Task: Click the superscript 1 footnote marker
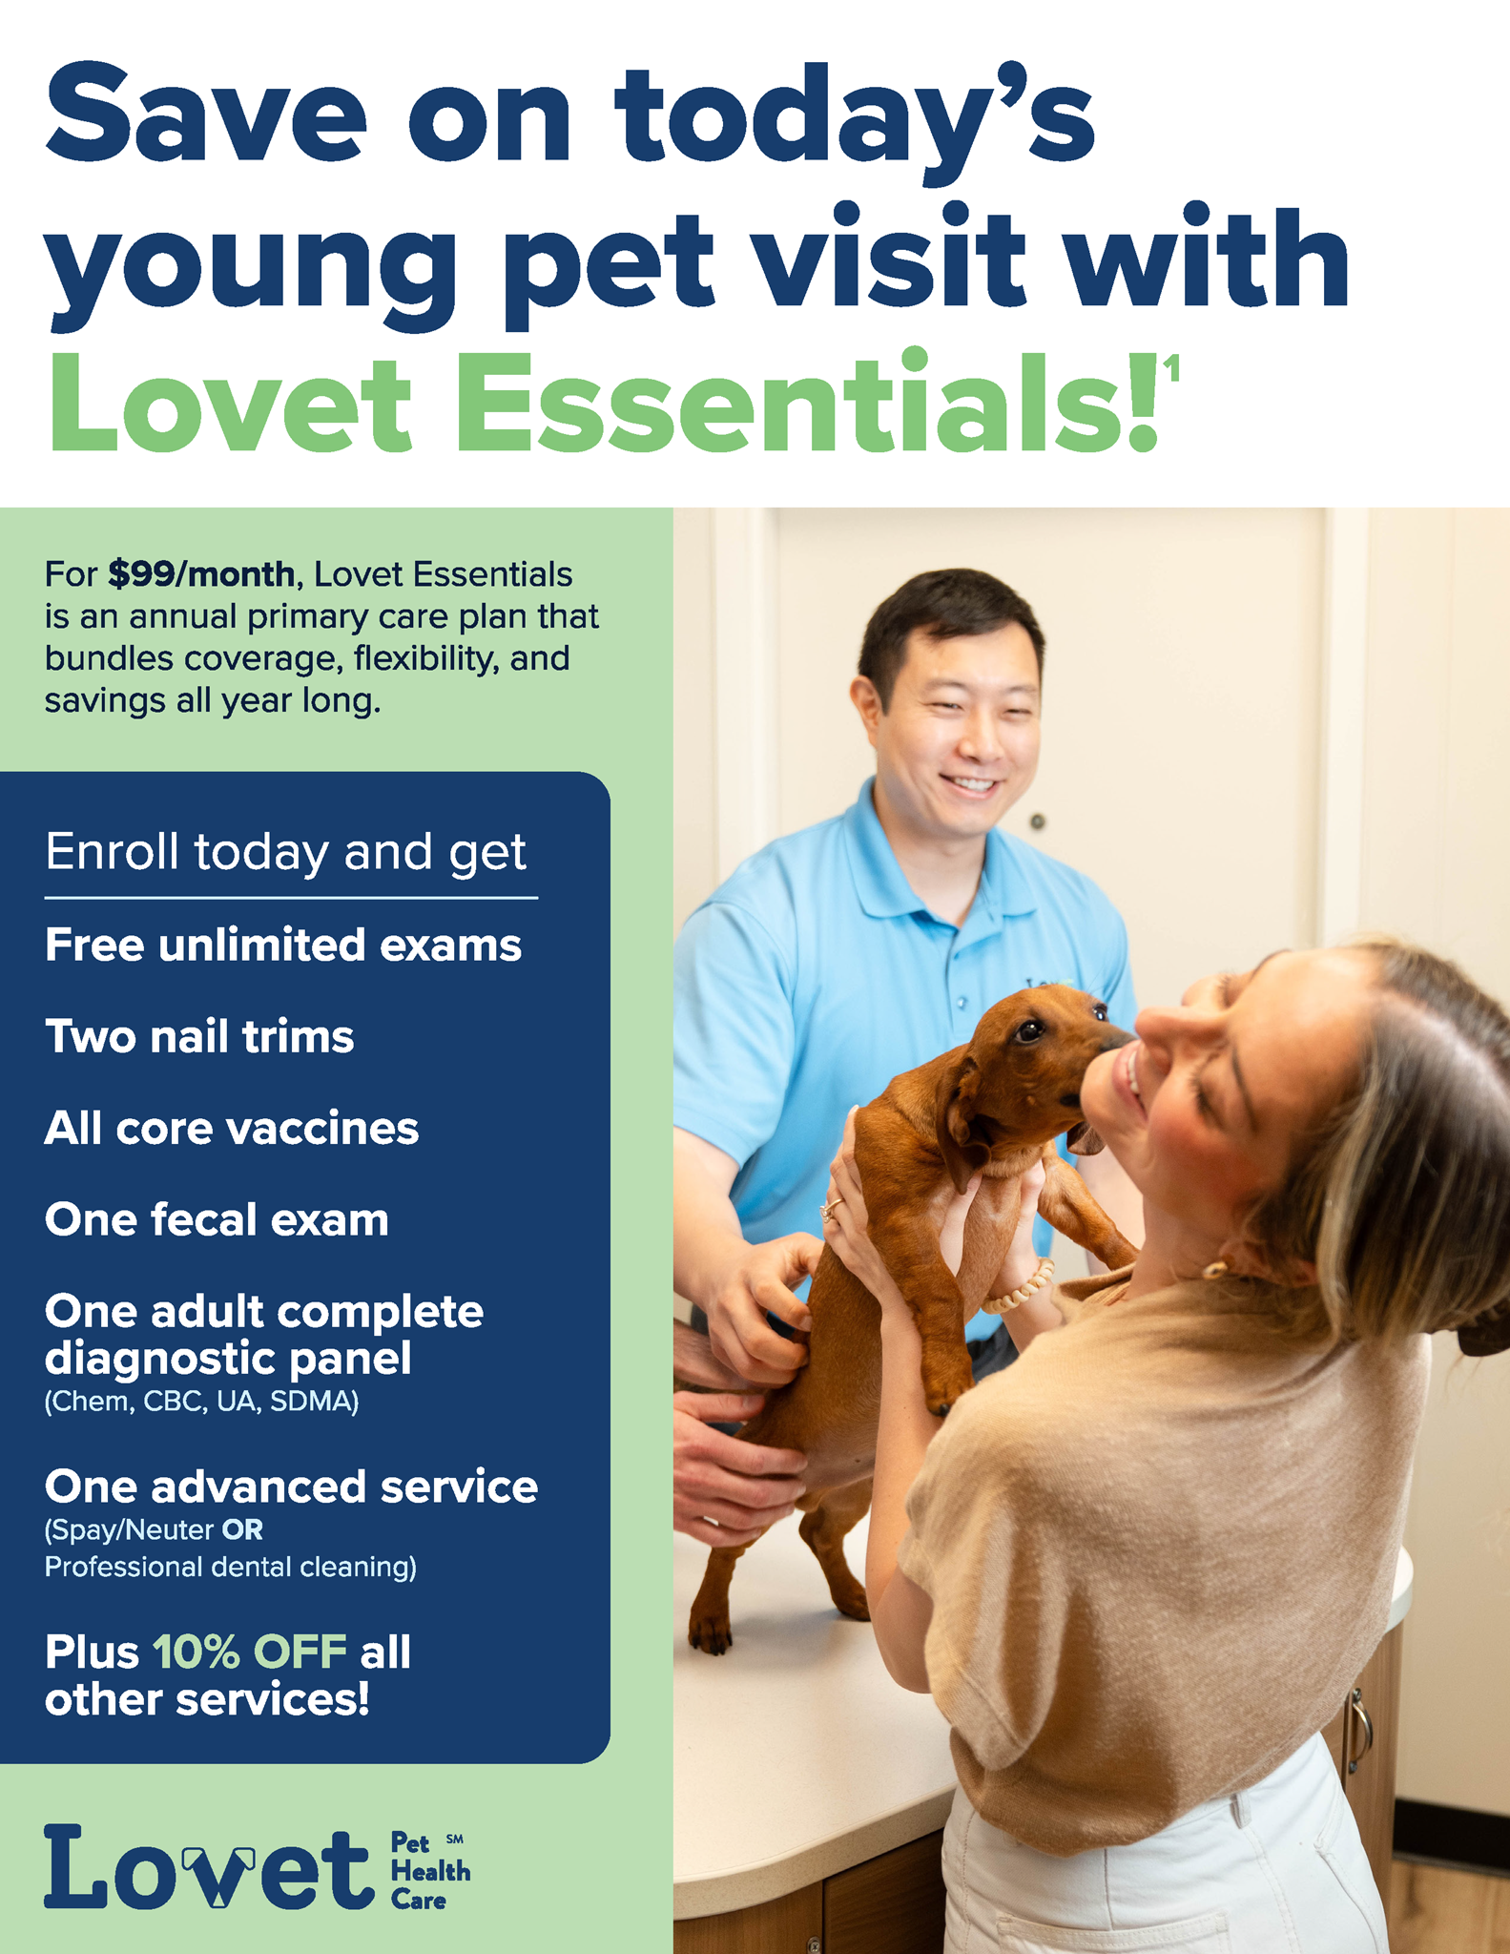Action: tap(1171, 368)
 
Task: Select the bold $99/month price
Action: tap(201, 574)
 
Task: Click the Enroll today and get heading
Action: tap(285, 852)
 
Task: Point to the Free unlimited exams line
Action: tap(283, 946)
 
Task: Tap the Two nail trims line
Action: tap(199, 1037)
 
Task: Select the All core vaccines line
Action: tap(232, 1129)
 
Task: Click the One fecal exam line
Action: tap(217, 1220)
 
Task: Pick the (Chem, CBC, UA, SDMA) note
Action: tap(201, 1402)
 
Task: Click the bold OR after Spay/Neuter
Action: tap(242, 1530)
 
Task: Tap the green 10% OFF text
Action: tap(249, 1653)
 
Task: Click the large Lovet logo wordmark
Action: tap(208, 1868)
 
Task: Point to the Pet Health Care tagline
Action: tap(430, 1871)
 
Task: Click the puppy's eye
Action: tap(1030, 1030)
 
